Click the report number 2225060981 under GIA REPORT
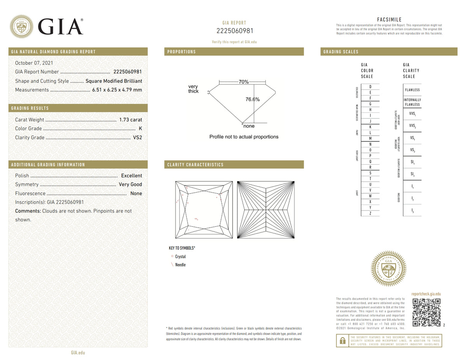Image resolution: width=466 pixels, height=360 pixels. click(234, 31)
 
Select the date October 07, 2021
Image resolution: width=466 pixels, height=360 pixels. click(34, 63)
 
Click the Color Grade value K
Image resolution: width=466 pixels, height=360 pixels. click(140, 129)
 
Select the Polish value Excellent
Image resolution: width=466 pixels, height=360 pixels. click(131, 176)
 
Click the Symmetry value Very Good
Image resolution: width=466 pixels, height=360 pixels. click(130, 184)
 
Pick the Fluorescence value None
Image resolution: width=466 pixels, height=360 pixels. click(136, 193)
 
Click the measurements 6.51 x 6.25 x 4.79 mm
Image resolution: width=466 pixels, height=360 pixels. click(117, 90)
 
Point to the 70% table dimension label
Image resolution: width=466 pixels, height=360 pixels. click(243, 82)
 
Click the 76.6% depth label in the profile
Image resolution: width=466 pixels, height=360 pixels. click(252, 99)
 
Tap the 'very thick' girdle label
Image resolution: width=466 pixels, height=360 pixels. click(193, 89)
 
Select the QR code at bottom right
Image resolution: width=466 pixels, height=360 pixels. click(426, 313)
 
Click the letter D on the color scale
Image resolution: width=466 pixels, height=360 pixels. click(370, 86)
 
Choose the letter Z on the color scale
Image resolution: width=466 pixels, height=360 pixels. click(370, 214)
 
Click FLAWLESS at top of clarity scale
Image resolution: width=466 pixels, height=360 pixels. click(412, 90)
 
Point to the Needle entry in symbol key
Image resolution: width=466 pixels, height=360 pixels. click(180, 265)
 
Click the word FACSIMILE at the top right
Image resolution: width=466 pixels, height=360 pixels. click(389, 20)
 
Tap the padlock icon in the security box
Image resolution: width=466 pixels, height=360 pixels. click(343, 341)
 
